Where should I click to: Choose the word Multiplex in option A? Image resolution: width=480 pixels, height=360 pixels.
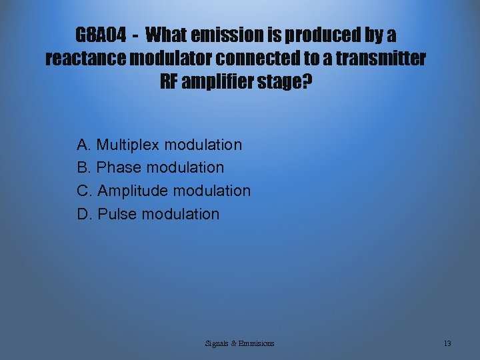pyautogui.click(x=128, y=145)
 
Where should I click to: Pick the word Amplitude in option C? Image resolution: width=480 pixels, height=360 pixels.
pyautogui.click(x=133, y=191)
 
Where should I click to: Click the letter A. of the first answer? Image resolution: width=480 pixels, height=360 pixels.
pyautogui.click(x=84, y=145)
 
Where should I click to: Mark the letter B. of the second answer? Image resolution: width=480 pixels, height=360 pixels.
pyautogui.click(x=84, y=167)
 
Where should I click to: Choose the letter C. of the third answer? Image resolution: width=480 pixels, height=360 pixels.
pyautogui.click(x=85, y=191)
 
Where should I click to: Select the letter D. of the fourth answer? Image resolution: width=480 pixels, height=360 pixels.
pyautogui.click(x=85, y=214)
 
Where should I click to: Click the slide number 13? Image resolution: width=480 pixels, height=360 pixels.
pyautogui.click(x=447, y=343)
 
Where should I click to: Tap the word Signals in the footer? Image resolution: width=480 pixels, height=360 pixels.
pyautogui.click(x=217, y=343)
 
